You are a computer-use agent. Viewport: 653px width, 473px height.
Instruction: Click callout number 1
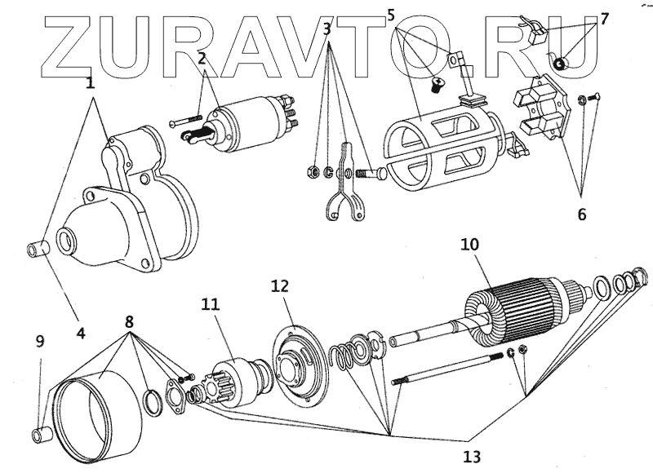coord(90,82)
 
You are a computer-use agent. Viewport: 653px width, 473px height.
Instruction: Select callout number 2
coord(202,58)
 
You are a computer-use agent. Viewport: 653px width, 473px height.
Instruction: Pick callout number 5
coord(391,15)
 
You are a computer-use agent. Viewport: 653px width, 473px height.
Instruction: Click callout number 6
coord(582,214)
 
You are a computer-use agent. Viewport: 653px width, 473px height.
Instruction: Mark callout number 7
coord(604,18)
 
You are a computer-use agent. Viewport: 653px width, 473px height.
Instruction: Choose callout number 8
coord(129,321)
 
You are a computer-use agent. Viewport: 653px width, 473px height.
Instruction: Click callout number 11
coord(211,305)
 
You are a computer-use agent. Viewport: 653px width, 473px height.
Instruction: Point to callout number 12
coord(281,286)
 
